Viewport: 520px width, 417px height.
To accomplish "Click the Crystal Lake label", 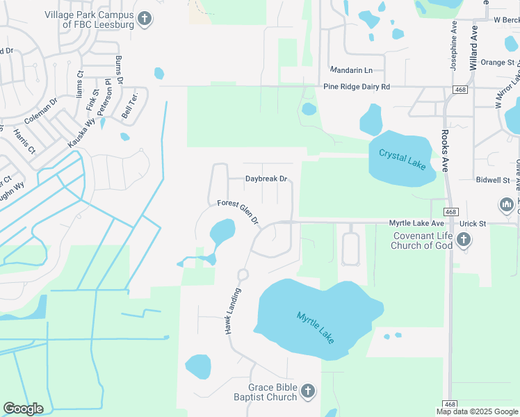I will pos(402,158).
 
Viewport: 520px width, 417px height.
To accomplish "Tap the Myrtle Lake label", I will pos(316,326).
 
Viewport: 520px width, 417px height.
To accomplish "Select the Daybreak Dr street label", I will pos(266,179).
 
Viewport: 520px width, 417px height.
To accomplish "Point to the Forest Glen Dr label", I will pos(238,212).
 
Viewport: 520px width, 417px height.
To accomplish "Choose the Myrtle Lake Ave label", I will pos(416,223).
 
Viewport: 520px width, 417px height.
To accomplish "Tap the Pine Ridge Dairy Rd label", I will pos(357,87).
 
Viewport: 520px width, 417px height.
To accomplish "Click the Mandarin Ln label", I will pos(351,70).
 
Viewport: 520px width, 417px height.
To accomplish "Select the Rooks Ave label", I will pos(445,148).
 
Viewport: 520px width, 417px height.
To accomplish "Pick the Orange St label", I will pos(496,62).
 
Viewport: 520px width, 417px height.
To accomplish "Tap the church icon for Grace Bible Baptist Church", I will pos(309,392).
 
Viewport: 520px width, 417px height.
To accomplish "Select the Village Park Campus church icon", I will pos(144,19).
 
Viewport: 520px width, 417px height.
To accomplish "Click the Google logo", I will pos(23,409).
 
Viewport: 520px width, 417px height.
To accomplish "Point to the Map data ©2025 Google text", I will pos(476,411).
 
